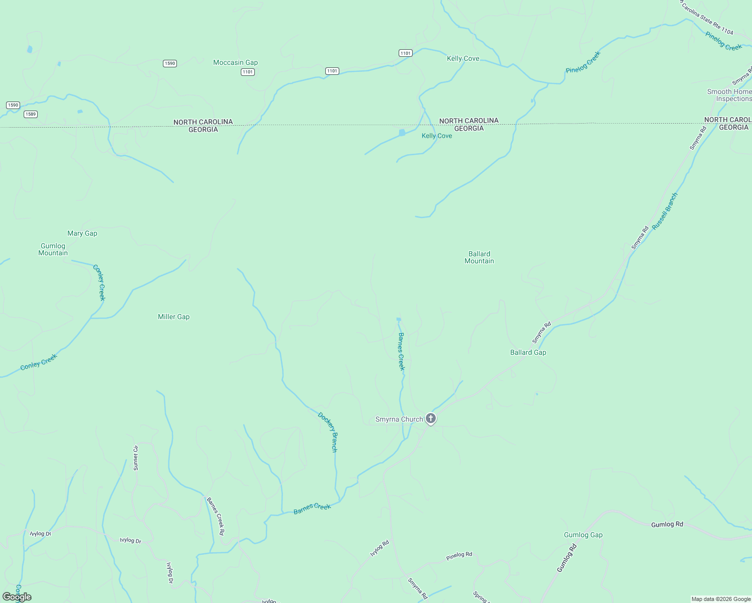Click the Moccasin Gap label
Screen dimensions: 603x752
pos(235,63)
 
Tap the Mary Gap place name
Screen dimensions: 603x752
pos(82,233)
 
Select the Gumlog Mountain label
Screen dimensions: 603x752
pos(53,249)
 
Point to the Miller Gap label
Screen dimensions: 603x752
pos(173,317)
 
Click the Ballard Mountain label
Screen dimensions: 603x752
pos(479,257)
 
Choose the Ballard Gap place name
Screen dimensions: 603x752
pos(528,352)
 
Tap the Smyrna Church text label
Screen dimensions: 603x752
pos(399,419)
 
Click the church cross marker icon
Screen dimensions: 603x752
pos(431,418)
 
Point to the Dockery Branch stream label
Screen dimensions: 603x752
pos(328,432)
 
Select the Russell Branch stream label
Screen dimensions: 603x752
pos(665,212)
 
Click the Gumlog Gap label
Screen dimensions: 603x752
pos(583,535)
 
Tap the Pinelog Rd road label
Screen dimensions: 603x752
pos(459,556)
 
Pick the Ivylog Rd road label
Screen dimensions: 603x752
pos(380,548)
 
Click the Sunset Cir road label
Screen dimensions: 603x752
pos(135,458)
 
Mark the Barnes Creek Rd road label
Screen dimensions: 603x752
pos(216,516)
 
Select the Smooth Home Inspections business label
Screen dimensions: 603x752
pos(729,95)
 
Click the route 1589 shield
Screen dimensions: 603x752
pos(31,114)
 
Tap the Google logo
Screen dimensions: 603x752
pos(17,597)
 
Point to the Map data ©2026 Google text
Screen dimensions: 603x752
pos(721,599)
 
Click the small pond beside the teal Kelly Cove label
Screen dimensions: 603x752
pos(402,133)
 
